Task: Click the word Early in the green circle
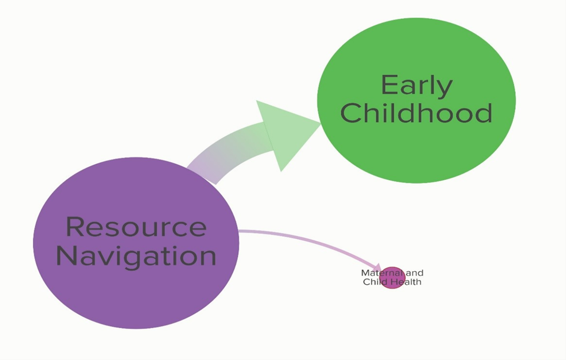point(416,85)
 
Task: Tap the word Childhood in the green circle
point(416,113)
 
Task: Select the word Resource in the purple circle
point(136,227)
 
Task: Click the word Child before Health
point(379,282)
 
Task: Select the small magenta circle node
point(392,277)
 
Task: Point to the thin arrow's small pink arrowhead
point(378,269)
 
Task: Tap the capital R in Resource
point(75,226)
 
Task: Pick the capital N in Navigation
point(67,255)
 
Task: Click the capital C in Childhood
point(350,113)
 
